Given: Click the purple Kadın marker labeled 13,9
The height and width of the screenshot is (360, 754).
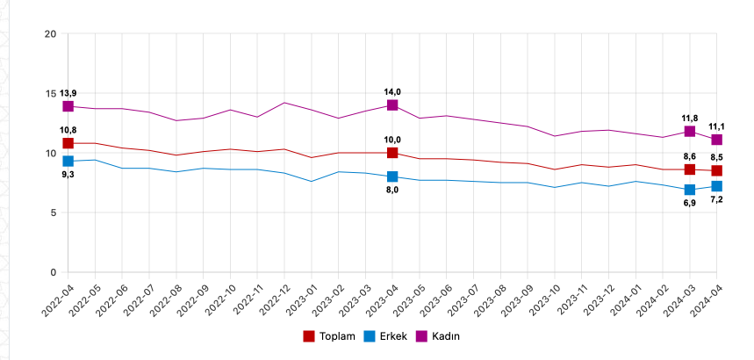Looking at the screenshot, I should pyautogui.click(x=68, y=106).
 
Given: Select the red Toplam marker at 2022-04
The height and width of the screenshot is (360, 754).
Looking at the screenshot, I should pyautogui.click(x=68, y=143).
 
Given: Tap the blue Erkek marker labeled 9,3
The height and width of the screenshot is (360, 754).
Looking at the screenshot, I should pyautogui.click(x=68, y=162).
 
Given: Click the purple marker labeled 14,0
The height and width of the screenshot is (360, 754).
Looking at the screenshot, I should pyautogui.click(x=392, y=105).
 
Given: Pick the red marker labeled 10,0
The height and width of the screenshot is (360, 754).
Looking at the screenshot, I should pyautogui.click(x=392, y=153).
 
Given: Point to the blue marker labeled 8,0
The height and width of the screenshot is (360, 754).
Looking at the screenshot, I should pyautogui.click(x=392, y=176).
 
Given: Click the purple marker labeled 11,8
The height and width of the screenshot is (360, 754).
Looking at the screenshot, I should pyautogui.click(x=690, y=132).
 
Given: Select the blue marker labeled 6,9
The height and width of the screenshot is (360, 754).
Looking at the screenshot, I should pyautogui.click(x=690, y=190).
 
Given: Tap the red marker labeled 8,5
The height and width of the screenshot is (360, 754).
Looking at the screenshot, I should pyautogui.click(x=717, y=170).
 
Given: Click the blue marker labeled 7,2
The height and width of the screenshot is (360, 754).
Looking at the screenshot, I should pyautogui.click(x=717, y=186).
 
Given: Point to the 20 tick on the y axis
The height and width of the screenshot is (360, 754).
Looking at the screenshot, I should pyautogui.click(x=50, y=34).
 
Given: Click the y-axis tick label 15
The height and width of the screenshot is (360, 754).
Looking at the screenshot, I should pyautogui.click(x=50, y=94).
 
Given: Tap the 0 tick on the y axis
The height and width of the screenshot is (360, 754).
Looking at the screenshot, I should pyautogui.click(x=53, y=273).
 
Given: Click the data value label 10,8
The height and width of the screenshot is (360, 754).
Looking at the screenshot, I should pyautogui.click(x=68, y=130).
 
